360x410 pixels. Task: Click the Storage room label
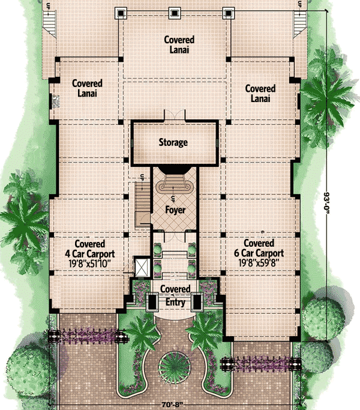[173, 142]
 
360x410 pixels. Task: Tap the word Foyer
[175, 210]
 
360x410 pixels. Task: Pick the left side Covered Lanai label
[88, 88]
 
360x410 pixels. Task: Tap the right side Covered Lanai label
[260, 93]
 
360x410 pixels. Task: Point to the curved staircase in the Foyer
[175, 183]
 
